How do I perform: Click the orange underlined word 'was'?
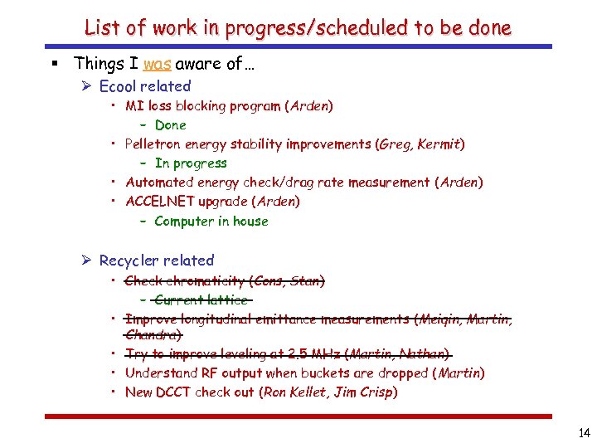pyautogui.click(x=157, y=63)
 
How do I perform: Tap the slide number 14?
pyautogui.click(x=582, y=432)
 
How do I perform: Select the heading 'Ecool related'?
pyautogui.click(x=145, y=86)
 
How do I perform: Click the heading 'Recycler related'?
pyautogui.click(x=157, y=261)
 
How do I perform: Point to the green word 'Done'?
pyautogui.click(x=171, y=125)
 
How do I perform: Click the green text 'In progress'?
pyautogui.click(x=191, y=163)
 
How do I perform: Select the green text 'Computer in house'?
pyautogui.click(x=211, y=222)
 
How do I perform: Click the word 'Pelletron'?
pyautogui.click(x=154, y=144)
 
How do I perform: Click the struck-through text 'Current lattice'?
pyautogui.click(x=201, y=299)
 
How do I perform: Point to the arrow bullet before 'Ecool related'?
pyautogui.click(x=87, y=86)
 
